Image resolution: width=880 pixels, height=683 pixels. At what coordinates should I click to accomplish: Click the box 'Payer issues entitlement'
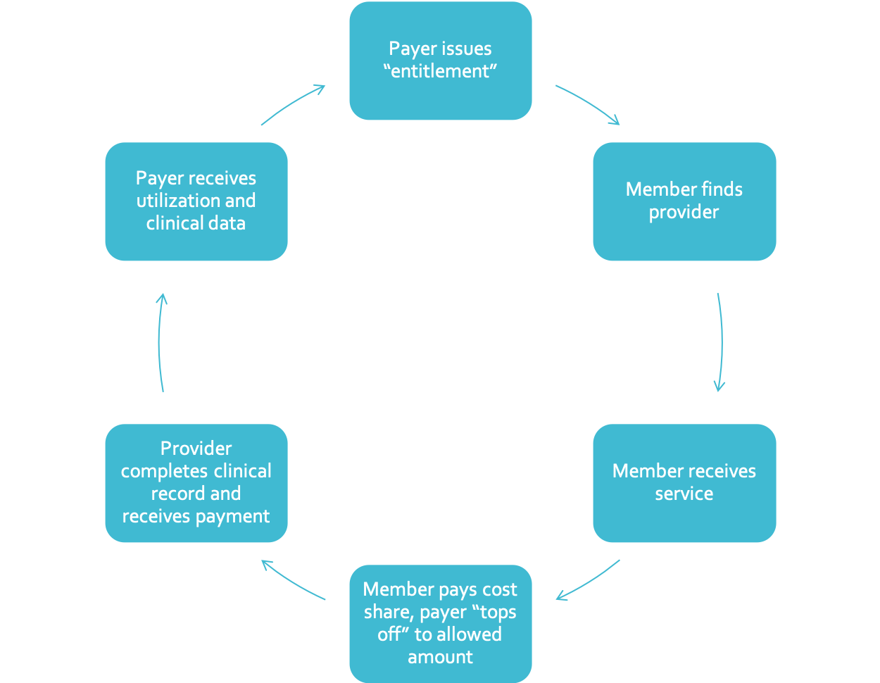(x=440, y=61)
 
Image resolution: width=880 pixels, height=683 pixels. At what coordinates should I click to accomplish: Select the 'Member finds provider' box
(x=684, y=201)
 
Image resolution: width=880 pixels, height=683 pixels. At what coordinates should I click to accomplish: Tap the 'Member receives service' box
(x=684, y=483)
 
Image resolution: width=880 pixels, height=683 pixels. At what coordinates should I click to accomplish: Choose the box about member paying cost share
(x=440, y=622)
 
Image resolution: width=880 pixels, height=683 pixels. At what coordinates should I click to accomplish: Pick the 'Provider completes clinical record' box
(x=196, y=483)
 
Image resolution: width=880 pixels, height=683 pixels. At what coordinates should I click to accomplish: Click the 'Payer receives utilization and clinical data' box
(x=196, y=201)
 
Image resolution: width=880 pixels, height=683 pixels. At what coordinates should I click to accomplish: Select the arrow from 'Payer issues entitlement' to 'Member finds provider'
(x=589, y=104)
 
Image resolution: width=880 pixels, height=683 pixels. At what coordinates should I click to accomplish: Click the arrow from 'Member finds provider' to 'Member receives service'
(x=720, y=342)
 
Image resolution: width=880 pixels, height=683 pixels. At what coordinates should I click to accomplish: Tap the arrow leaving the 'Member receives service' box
(x=588, y=582)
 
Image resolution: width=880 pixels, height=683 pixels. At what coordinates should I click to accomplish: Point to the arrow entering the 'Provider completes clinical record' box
(x=293, y=582)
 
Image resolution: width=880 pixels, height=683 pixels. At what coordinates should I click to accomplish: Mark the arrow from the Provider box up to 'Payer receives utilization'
(x=160, y=342)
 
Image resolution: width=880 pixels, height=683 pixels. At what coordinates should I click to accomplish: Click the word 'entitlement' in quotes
(x=440, y=72)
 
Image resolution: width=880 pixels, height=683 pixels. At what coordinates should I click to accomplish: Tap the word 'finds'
(x=721, y=189)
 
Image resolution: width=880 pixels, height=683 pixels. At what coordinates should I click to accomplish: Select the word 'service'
(x=684, y=494)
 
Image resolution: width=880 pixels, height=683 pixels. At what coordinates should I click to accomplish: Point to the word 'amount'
(x=440, y=657)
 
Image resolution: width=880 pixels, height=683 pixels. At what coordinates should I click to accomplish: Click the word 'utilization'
(x=177, y=201)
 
